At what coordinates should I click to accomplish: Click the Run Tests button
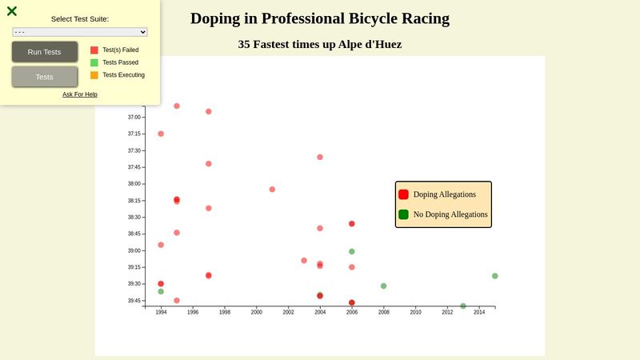45,52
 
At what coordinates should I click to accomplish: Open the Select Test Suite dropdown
80,32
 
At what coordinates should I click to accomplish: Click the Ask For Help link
80,94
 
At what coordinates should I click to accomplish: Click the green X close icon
12,11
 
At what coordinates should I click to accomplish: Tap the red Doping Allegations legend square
404,194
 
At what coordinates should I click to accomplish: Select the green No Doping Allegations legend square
404,214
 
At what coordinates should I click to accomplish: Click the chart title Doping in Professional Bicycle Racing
320,18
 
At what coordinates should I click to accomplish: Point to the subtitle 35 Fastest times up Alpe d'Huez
320,44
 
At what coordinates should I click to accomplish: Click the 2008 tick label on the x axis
383,312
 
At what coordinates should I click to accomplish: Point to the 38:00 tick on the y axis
134,184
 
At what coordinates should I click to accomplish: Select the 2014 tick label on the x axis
479,312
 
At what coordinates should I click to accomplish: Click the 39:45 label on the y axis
134,301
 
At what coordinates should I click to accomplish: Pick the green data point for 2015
495,276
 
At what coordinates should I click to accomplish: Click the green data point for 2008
384,286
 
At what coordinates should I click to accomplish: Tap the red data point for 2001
272,190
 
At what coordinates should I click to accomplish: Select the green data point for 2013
463,306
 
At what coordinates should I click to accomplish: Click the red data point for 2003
304,260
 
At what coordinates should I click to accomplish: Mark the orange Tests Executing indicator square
94,75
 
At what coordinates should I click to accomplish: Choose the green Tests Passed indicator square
94,62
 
